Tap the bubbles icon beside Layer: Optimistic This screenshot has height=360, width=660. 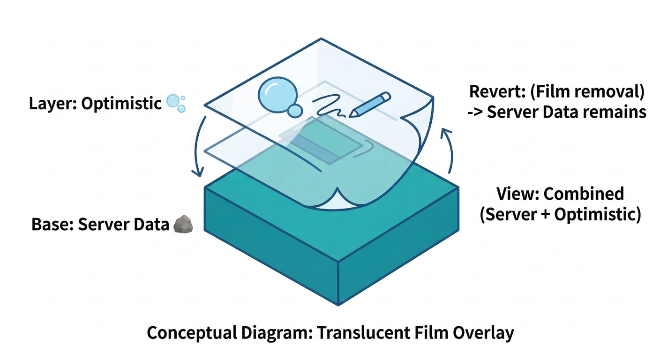(175, 103)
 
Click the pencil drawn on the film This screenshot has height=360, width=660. (370, 104)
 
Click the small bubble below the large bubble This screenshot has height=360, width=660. (295, 111)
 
